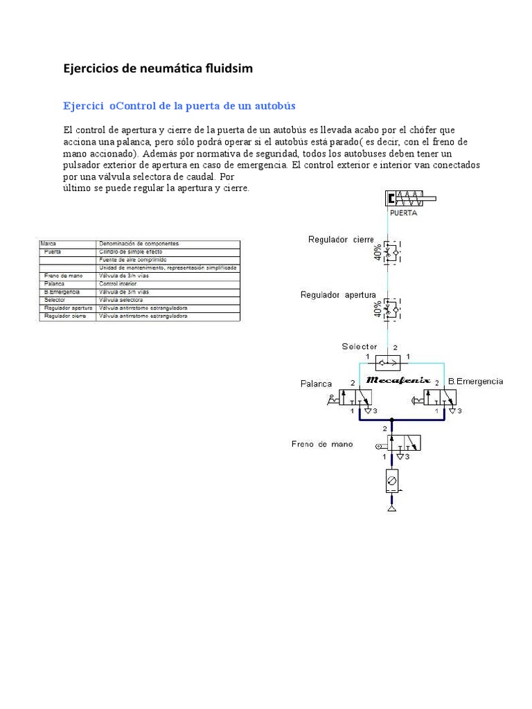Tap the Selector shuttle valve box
point(389,362)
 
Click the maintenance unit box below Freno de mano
point(391,481)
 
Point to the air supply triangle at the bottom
point(391,510)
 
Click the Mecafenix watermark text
point(398,380)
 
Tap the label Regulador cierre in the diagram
point(340,240)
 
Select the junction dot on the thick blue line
point(391,419)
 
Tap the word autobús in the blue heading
point(275,106)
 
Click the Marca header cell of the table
point(48,244)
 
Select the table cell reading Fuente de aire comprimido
point(132,260)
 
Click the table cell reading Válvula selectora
point(121,300)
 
